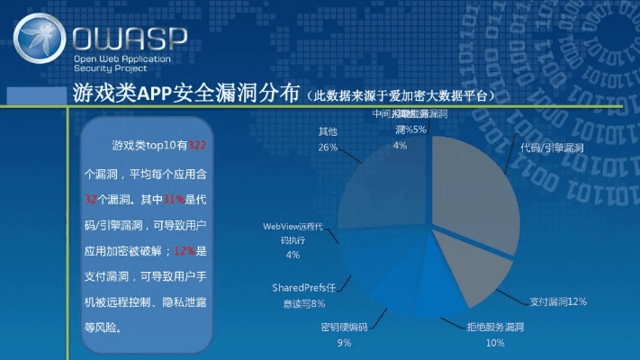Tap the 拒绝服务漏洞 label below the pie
495,328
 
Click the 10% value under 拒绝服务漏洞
495,343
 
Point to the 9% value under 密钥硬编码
344,343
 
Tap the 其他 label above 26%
328,131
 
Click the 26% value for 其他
328,147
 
